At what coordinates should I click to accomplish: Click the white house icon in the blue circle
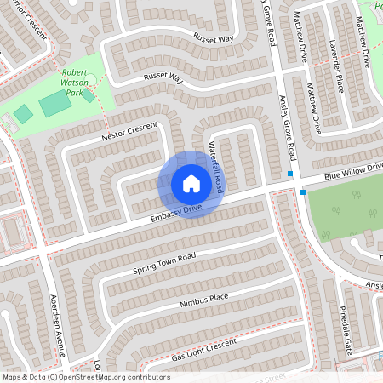pyautogui.click(x=191, y=183)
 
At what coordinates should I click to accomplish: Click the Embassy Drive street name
pyautogui.click(x=176, y=213)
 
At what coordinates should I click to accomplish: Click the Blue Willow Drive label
pyautogui.click(x=352, y=171)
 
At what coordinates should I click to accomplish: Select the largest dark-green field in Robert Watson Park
pyautogui.click(x=54, y=105)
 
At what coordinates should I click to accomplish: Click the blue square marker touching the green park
pyautogui.click(x=302, y=192)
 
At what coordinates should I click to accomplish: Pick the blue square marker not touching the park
pyautogui.click(x=291, y=174)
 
